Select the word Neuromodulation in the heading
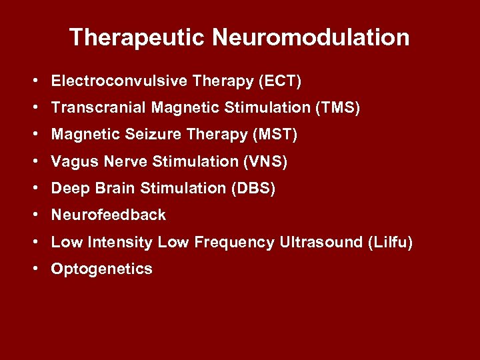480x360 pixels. pos(311,37)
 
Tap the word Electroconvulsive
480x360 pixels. pos(119,81)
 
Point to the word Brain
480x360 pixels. pos(115,189)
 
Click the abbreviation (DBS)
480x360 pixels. pos(253,189)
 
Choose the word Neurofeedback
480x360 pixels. pos(109,215)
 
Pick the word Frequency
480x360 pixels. pos(234,243)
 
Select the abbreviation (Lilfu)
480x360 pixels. pos(390,242)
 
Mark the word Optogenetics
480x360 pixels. pos(102,269)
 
